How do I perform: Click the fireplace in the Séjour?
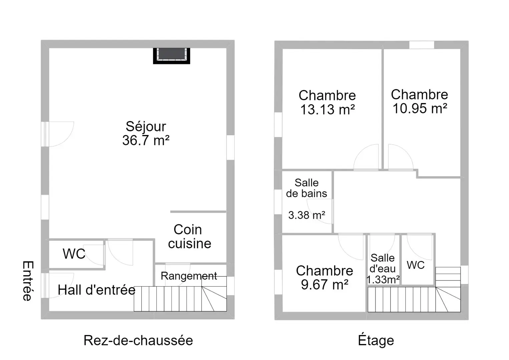(171, 56)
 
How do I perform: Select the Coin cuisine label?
(189, 236)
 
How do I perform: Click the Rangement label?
(189, 276)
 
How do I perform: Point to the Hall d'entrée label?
(97, 290)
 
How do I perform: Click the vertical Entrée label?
(28, 281)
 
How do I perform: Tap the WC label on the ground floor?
(74, 253)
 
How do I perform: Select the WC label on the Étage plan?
(416, 265)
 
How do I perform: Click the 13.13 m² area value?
(328, 109)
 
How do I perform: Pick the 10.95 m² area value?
(420, 108)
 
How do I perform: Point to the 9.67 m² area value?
(325, 284)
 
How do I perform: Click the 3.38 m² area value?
(307, 215)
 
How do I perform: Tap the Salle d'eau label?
(383, 263)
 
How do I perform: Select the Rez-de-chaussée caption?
(138, 340)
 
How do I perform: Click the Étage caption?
(376, 340)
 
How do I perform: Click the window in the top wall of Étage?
(422, 45)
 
